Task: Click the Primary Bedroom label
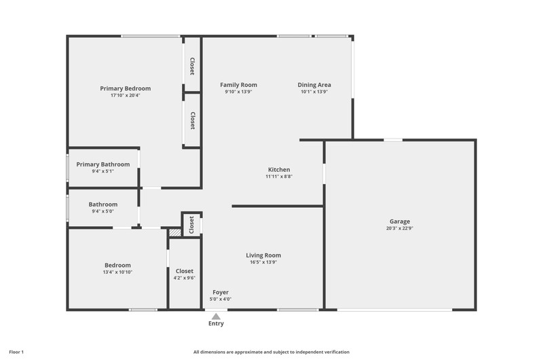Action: coord(126,88)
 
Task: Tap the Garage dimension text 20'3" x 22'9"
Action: coord(400,228)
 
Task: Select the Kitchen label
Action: coord(279,169)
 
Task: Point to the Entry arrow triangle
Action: coord(216,317)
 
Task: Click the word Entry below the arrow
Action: coord(216,323)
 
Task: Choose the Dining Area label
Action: coord(314,85)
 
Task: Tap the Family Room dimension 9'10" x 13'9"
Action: coord(239,92)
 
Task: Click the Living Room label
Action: coord(263,255)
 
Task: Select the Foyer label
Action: coord(221,292)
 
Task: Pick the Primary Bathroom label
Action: coord(103,164)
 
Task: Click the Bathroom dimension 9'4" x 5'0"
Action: coord(103,211)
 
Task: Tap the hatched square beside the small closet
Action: coord(175,232)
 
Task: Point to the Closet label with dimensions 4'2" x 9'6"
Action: coord(184,271)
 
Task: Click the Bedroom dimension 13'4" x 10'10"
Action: coord(117,272)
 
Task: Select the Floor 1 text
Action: coord(16,352)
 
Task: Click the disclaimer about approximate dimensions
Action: coord(271,352)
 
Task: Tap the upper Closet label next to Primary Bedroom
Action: coord(192,66)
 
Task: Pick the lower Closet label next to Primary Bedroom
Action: coord(193,121)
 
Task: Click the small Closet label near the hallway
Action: coord(191,225)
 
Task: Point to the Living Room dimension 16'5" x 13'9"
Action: coord(263,262)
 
